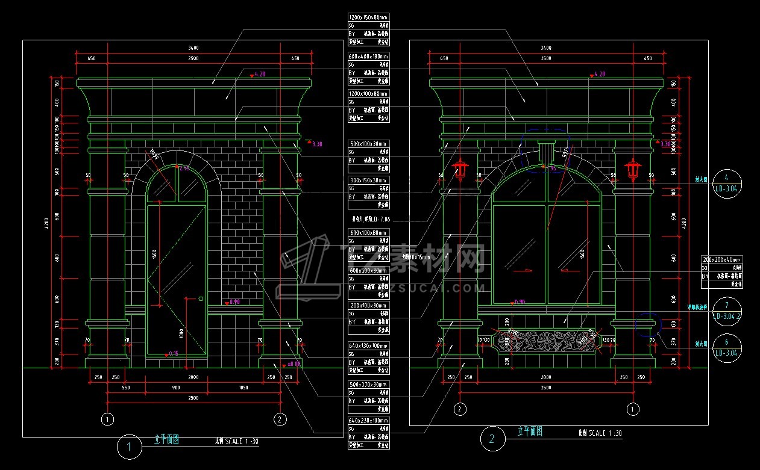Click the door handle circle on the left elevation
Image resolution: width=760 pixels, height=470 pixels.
(201, 298)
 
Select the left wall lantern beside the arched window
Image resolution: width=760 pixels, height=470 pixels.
(461, 169)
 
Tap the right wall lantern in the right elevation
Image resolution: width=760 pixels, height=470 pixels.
(633, 169)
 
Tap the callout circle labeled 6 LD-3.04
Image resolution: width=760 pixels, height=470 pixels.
(727, 347)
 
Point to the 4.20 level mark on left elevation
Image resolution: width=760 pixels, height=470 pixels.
(258, 74)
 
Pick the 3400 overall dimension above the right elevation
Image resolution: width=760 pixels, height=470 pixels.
(546, 48)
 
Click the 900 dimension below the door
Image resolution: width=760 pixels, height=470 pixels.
(176, 388)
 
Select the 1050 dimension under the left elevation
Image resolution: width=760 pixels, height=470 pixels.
(243, 388)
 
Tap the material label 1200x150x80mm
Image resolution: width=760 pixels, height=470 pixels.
(368, 17)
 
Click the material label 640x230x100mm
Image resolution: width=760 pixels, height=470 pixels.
(368, 420)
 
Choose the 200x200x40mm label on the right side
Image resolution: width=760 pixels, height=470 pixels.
(721, 259)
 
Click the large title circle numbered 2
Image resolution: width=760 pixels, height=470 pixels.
(492, 439)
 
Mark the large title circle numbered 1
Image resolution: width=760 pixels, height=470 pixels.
(129, 447)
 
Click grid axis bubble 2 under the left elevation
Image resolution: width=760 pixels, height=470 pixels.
(280, 419)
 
